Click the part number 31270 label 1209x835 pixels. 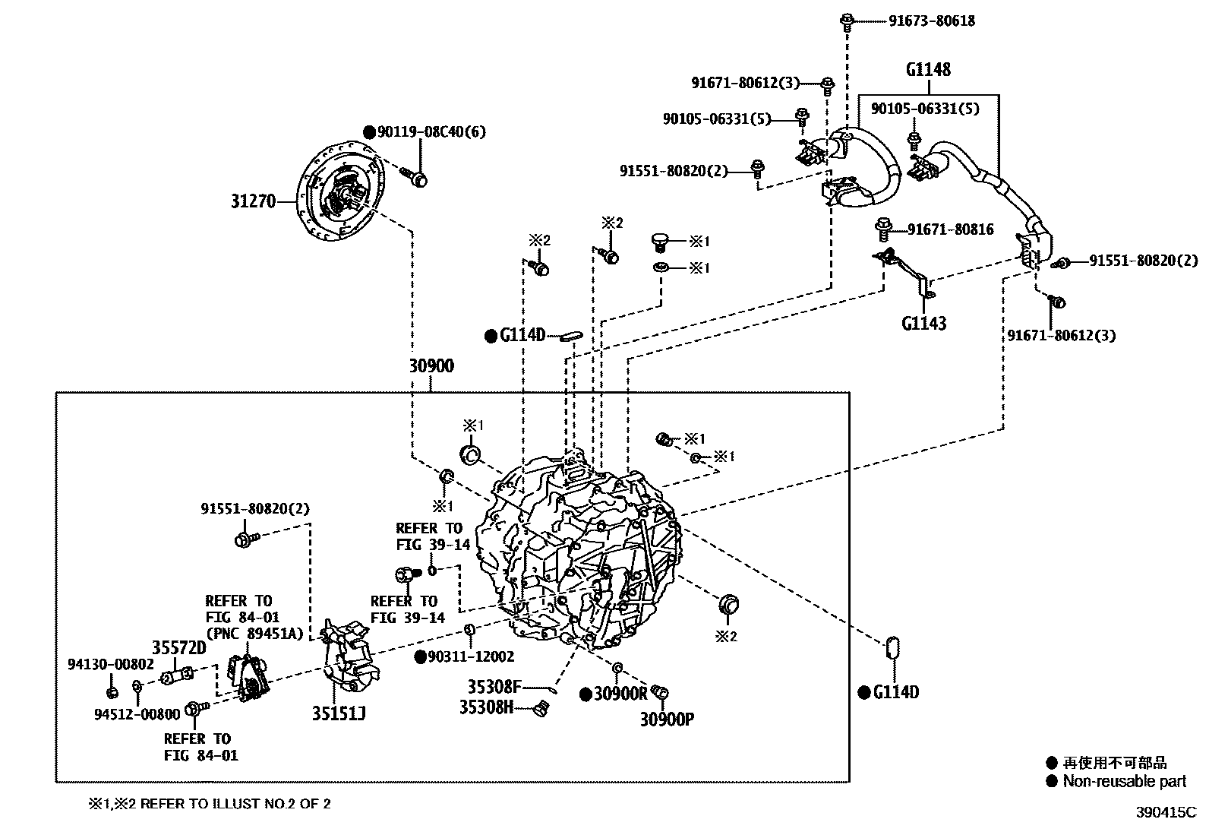[254, 202]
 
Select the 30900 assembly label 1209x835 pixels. [431, 366]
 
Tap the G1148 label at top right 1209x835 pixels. [927, 70]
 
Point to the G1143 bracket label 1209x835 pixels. [923, 324]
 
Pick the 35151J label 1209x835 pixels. [338, 713]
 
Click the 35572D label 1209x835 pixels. [178, 647]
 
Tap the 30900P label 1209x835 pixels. [666, 719]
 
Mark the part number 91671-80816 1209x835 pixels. [951, 229]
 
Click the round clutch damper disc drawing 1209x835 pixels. [341, 195]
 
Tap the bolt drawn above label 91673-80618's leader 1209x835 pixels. [847, 21]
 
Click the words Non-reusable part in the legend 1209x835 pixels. [1124, 781]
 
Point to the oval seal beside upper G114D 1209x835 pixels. [570, 335]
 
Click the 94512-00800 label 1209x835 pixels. [137, 714]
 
